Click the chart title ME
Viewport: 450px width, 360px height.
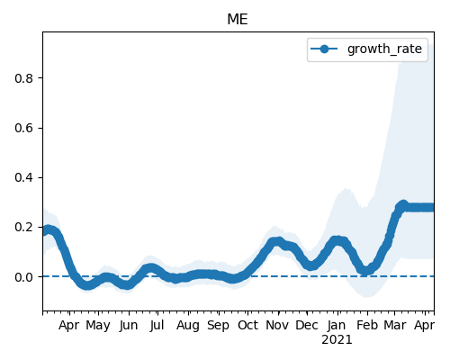(238, 20)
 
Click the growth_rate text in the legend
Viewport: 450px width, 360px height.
(384, 49)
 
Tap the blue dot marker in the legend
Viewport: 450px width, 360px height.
(324, 49)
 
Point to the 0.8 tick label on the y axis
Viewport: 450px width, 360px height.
(23, 78)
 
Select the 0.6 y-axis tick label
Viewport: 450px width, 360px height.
(23, 128)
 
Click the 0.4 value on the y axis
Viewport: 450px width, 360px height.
(23, 177)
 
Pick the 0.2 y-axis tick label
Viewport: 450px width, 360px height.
(23, 227)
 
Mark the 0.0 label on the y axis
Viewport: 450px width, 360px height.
(23, 277)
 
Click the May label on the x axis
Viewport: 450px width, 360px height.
(98, 326)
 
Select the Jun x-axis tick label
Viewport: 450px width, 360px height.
(129, 326)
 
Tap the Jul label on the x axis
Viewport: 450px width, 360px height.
(157, 325)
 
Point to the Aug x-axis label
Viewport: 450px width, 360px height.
(188, 326)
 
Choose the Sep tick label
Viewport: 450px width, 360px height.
(218, 326)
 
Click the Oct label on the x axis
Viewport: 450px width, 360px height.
(247, 325)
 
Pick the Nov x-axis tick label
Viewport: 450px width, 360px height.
(277, 325)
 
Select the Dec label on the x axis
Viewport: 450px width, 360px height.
(307, 325)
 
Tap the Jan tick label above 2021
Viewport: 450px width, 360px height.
(337, 325)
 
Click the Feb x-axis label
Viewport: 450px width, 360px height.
(367, 325)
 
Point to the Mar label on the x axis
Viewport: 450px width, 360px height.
(395, 325)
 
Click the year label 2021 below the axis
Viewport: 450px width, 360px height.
(337, 340)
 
